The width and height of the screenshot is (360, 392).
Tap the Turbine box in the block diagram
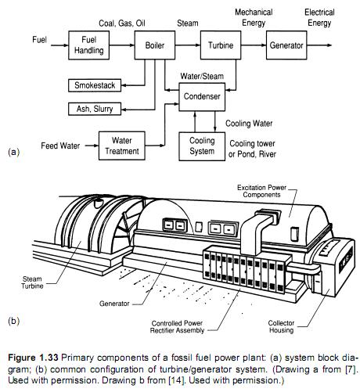coord(219,46)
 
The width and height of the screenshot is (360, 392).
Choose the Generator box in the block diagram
coord(286,46)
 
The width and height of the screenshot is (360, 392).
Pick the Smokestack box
coord(95,85)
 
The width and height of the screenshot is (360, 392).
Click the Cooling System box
coord(201,146)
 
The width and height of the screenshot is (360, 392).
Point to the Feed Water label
coord(59,146)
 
